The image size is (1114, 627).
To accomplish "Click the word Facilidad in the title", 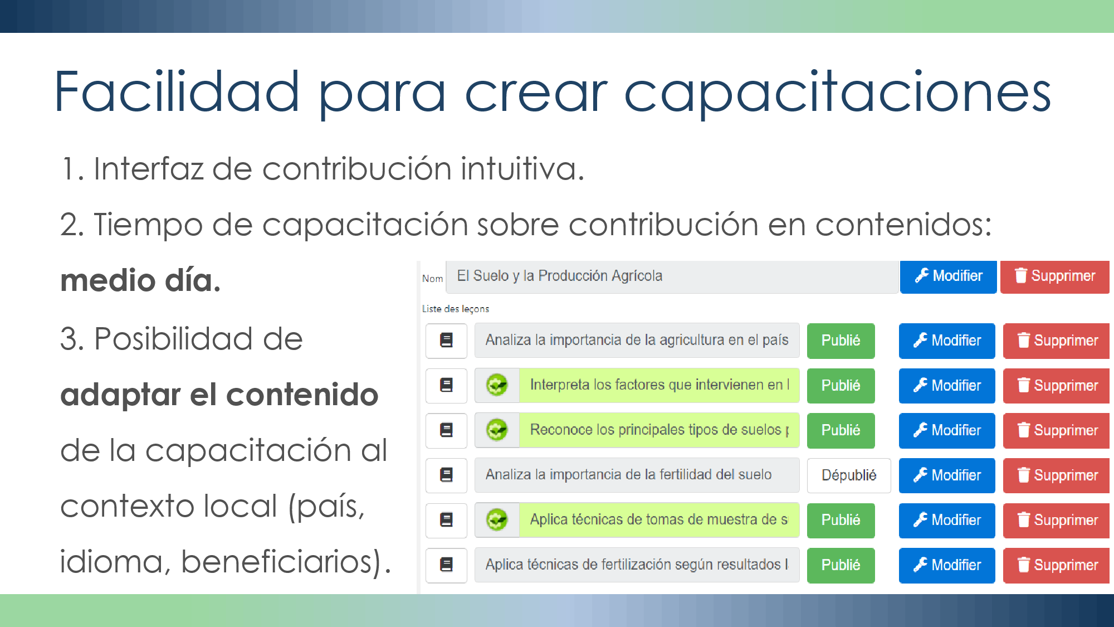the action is pyautogui.click(x=177, y=92).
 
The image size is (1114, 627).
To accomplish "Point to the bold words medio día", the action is pyautogui.click(x=140, y=280).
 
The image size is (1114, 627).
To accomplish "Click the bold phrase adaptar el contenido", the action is pyautogui.click(x=219, y=395).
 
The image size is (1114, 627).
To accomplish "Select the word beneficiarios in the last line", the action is pyautogui.click(x=276, y=561).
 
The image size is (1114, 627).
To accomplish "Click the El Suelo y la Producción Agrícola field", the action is pyautogui.click(x=672, y=276).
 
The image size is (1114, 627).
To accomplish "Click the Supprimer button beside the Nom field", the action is pyautogui.click(x=1054, y=276).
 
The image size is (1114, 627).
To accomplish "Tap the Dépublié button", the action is pyautogui.click(x=849, y=475).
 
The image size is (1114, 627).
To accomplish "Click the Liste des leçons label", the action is pyautogui.click(x=456, y=309).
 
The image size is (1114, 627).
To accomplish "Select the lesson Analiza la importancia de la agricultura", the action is pyautogui.click(x=637, y=341).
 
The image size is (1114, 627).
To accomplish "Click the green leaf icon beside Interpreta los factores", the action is pyautogui.click(x=497, y=385).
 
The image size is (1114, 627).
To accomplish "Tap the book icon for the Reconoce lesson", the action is pyautogui.click(x=446, y=430).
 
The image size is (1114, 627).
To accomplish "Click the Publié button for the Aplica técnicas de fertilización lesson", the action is pyautogui.click(x=841, y=565).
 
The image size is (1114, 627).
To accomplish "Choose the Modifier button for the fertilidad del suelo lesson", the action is pyautogui.click(x=947, y=475).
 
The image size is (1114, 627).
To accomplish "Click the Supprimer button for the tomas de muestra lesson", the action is pyautogui.click(x=1056, y=521).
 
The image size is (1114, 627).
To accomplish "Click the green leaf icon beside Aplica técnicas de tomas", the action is pyautogui.click(x=497, y=520).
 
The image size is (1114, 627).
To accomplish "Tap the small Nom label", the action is pyautogui.click(x=432, y=279).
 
